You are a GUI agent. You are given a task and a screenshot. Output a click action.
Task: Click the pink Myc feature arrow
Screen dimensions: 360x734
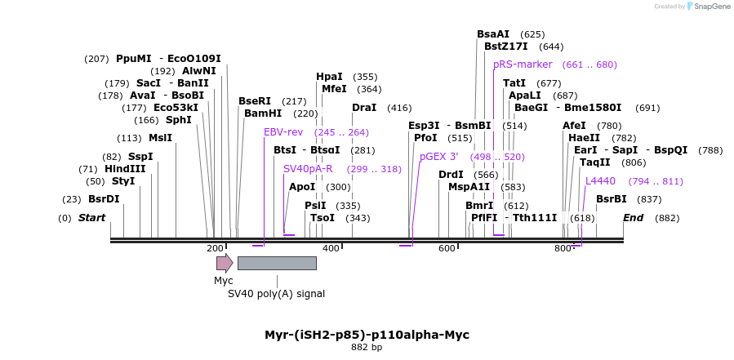224,263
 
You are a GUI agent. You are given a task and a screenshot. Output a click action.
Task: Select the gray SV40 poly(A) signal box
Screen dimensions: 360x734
277,263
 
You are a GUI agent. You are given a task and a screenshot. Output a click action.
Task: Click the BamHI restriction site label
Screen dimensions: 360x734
263,113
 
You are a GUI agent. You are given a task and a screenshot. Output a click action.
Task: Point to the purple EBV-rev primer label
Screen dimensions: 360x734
283,132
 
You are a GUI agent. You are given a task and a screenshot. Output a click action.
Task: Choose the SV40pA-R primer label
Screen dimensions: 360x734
308,169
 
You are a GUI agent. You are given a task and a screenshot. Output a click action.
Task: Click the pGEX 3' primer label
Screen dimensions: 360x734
439,157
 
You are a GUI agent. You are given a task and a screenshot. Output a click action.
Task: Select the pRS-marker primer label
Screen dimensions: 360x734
523,64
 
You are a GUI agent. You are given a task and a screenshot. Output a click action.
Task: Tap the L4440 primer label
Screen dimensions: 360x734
600,181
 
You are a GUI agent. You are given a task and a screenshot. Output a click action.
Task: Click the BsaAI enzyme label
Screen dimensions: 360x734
493,34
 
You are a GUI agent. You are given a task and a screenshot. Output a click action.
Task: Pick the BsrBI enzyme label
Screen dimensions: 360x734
612,199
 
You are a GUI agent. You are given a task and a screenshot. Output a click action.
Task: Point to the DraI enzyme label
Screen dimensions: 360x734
364,108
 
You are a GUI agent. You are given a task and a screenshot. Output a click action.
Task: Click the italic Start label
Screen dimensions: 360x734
92,218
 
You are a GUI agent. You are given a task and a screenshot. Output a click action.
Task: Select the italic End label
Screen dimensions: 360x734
634,218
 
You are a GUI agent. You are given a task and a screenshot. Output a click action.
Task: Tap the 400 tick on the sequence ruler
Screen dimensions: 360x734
331,248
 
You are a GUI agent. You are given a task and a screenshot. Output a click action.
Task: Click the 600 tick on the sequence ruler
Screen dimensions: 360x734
447,248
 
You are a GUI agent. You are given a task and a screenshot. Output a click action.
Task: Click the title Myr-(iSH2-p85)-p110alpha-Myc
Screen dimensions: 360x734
367,335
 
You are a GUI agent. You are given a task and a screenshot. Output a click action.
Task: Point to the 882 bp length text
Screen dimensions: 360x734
367,348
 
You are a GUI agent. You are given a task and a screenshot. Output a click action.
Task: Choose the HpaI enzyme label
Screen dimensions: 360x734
330,77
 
